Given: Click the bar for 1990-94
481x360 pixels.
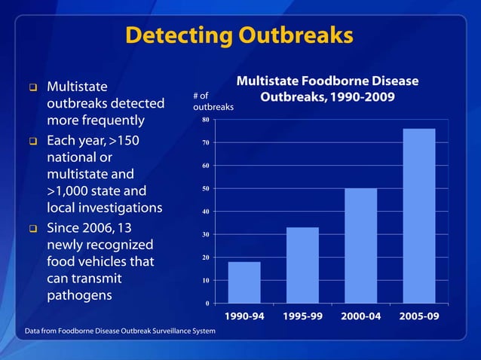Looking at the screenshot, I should (x=244, y=282).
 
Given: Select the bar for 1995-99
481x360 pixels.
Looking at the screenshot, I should (x=302, y=265).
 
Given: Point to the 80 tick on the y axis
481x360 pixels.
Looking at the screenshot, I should (x=205, y=120).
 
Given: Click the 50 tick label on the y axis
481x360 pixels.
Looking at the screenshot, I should (x=205, y=188).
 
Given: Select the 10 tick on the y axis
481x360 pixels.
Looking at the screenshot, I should (x=205, y=281).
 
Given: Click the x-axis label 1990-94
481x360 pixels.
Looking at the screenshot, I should (x=244, y=316).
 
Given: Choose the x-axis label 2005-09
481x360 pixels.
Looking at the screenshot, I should (x=419, y=316).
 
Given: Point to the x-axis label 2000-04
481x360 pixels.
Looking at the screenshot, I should (x=361, y=316).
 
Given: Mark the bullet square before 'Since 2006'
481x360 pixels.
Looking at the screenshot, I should (x=33, y=228).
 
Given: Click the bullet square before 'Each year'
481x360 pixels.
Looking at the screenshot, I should (x=33, y=141).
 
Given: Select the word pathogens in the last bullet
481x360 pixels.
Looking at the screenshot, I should (x=80, y=295).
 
